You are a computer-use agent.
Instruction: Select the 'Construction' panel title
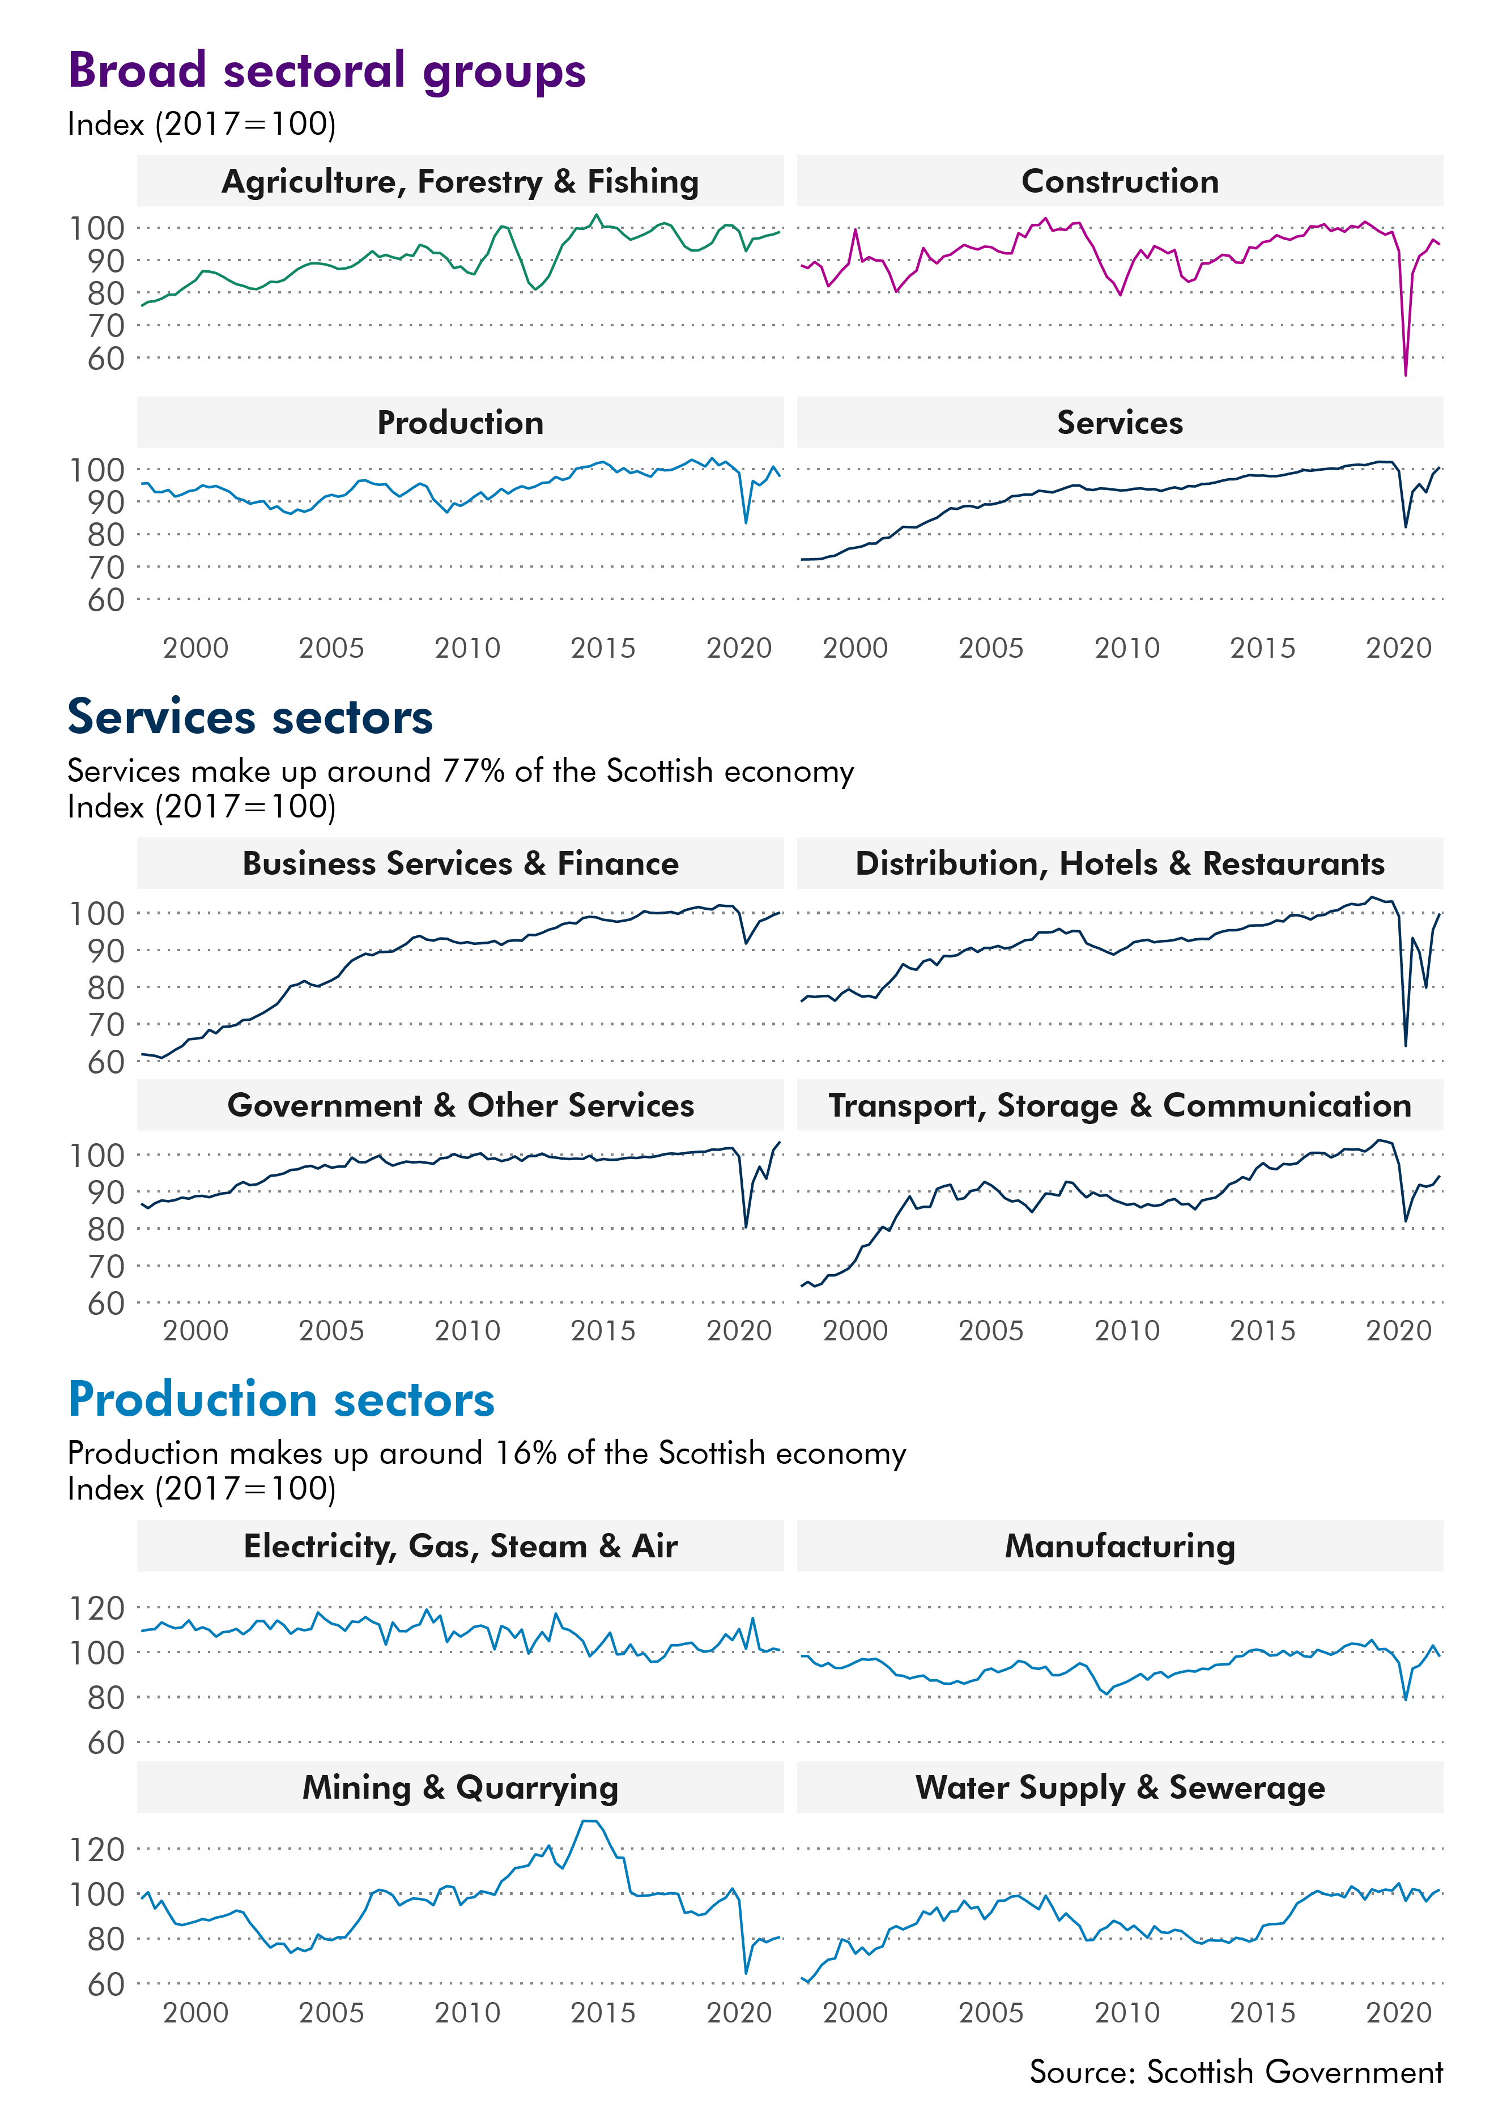(x=1120, y=181)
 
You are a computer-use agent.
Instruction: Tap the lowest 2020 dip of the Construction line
(x=1405, y=374)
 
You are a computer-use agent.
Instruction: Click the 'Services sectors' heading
(x=250, y=717)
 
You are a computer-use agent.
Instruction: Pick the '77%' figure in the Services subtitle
(x=475, y=771)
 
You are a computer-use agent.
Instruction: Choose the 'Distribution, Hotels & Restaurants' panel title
(x=1120, y=863)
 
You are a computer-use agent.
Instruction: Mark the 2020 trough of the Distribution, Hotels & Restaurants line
(x=1405, y=1045)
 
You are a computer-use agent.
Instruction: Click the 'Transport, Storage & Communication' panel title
(x=1120, y=1105)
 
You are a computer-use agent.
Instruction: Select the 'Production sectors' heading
(x=281, y=1399)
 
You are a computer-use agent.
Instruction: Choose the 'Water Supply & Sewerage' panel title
(x=1120, y=1787)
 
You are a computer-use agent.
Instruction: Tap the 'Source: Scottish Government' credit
(x=1236, y=2072)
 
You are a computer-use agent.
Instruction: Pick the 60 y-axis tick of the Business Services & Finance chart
(x=106, y=1062)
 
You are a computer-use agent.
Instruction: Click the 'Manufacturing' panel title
(x=1120, y=1546)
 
